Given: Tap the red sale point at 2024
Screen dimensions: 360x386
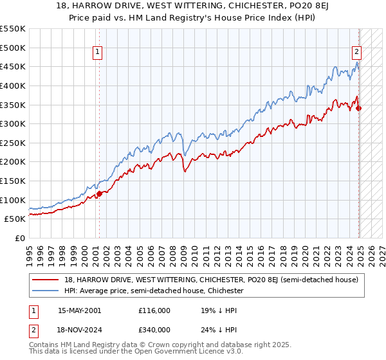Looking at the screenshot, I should tap(359, 108).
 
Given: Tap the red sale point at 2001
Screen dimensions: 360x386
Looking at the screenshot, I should tap(99, 194).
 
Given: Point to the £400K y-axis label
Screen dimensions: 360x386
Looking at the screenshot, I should tap(13, 85).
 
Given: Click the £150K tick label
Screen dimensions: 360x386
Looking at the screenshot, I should tap(13, 181).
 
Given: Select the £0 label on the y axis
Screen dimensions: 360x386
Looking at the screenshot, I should tap(21, 238).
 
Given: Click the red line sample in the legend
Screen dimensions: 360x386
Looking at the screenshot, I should tap(46, 279).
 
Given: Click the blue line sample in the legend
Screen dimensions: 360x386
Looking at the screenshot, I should tap(46, 291).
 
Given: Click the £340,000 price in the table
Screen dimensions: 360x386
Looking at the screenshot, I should tap(154, 329).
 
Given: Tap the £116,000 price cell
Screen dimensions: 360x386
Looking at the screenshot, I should tap(154, 310).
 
